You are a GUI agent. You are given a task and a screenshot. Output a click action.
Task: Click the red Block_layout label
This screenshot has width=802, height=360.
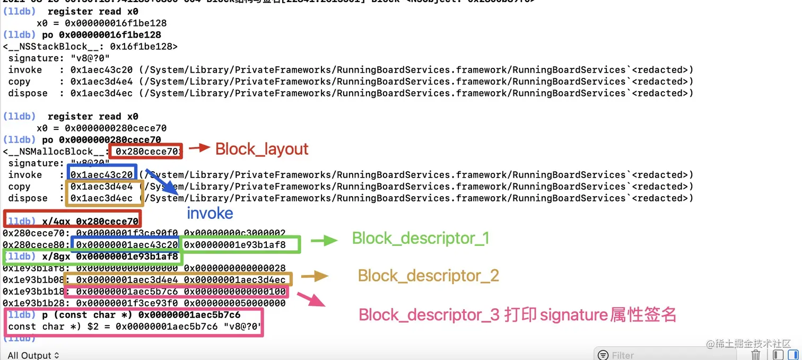(261, 149)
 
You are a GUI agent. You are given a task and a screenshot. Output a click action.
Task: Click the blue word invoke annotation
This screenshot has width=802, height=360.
(210, 213)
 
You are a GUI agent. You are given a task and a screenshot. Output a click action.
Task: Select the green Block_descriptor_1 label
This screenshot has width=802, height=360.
(420, 239)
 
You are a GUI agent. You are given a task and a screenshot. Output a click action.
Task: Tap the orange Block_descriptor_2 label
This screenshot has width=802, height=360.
(428, 276)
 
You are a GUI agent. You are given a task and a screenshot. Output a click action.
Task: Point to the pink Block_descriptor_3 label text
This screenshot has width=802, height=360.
(517, 315)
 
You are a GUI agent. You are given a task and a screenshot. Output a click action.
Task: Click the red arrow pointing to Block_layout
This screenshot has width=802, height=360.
(199, 148)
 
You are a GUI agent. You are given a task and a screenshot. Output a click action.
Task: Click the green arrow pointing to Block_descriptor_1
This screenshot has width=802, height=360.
(324, 241)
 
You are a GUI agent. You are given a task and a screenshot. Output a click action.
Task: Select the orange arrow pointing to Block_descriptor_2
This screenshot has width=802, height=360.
(315, 276)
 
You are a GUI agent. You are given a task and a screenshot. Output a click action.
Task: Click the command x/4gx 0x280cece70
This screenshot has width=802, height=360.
(90, 221)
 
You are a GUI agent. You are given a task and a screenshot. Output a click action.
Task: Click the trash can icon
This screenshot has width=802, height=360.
(756, 355)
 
